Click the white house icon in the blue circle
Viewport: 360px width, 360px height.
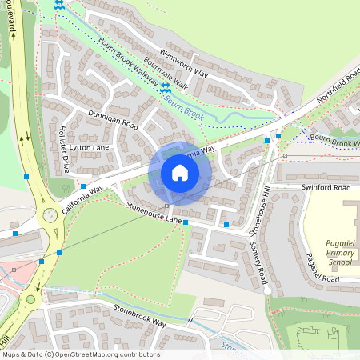click(180, 173)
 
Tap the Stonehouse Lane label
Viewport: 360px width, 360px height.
click(154, 212)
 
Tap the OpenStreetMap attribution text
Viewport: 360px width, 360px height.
click(80, 354)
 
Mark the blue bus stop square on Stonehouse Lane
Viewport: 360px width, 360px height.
click(186, 223)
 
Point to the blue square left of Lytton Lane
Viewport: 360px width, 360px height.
click(26, 175)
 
